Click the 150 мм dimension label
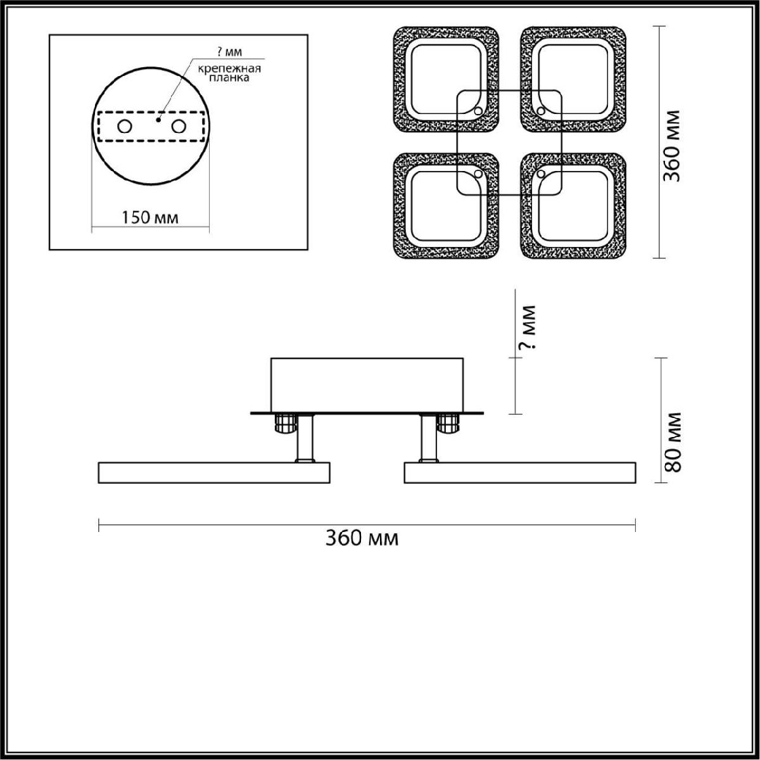pos(149,217)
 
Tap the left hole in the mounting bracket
pos(125,127)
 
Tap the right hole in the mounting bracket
pos(179,127)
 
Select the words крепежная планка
pos(229,73)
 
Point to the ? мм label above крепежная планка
pos(230,52)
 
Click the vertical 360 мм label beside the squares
pos(671,146)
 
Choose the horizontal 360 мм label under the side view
pos(362,538)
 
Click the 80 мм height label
pos(672,442)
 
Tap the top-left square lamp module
pos(446,80)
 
